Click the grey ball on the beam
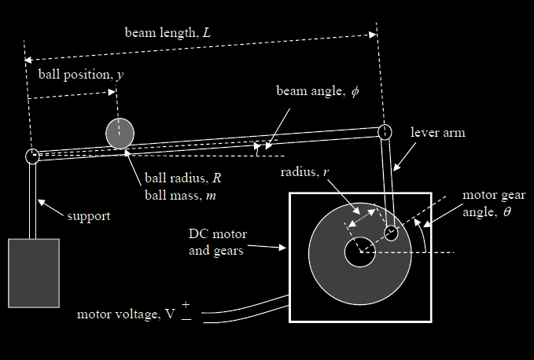point(120,133)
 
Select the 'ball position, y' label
point(80,75)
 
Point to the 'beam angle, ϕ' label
point(317,91)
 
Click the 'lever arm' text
point(438,133)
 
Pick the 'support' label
point(88,215)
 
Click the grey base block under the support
point(34,273)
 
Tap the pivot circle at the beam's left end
point(32,156)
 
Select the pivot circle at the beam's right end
point(385,131)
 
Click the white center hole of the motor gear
point(359,252)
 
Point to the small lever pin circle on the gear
point(391,233)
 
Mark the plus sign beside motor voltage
point(186,304)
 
